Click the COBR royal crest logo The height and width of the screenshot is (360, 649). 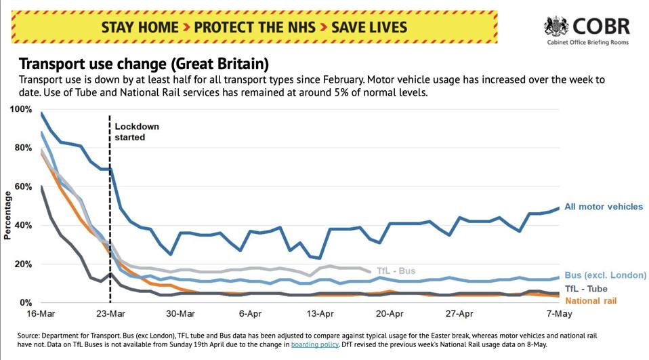(x=557, y=26)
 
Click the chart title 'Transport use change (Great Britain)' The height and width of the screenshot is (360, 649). (x=144, y=64)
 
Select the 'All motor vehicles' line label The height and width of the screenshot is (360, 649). (x=603, y=207)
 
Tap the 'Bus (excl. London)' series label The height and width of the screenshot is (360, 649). (x=606, y=275)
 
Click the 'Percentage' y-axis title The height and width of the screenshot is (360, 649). (x=7, y=216)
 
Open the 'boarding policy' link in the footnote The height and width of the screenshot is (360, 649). (x=314, y=344)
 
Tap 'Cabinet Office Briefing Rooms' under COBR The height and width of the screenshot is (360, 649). (x=587, y=42)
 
